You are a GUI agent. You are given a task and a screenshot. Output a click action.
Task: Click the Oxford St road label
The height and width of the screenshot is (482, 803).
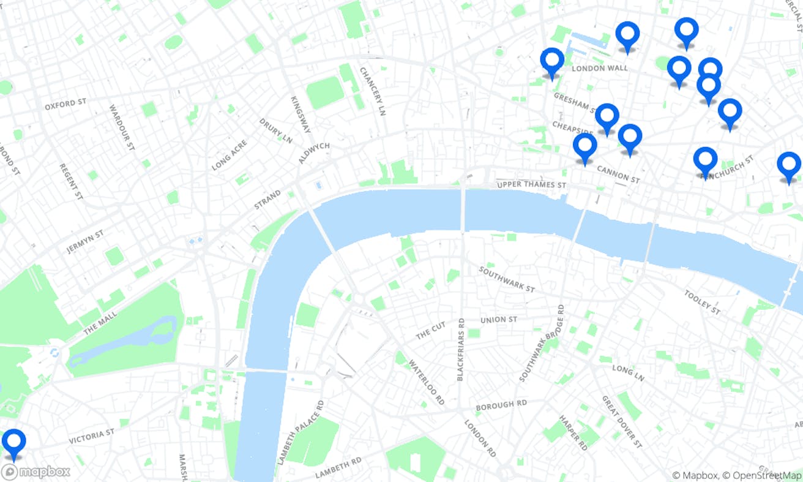65,104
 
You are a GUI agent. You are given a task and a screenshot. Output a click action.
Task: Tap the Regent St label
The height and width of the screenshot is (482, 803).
71,182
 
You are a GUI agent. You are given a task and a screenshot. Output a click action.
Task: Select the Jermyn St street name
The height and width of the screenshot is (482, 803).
85,241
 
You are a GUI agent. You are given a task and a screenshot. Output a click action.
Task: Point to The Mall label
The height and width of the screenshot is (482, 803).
99,321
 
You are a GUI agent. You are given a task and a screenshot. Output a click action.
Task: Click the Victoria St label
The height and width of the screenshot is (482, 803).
91,436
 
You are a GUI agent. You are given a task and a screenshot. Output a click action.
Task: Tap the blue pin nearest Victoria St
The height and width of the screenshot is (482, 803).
13,443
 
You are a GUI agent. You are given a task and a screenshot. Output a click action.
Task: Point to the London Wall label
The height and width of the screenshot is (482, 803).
599,68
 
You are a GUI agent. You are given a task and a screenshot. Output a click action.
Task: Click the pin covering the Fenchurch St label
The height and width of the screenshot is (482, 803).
705,161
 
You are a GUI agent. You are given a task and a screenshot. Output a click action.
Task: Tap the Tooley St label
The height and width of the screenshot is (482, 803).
702,303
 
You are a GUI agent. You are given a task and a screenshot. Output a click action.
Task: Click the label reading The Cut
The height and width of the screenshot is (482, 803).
431,331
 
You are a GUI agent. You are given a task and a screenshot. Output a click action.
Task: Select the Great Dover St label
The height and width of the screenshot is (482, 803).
622,421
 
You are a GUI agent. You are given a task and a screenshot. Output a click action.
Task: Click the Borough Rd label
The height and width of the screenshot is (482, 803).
501,406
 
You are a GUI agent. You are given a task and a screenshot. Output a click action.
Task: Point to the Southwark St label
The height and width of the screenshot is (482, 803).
507,279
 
